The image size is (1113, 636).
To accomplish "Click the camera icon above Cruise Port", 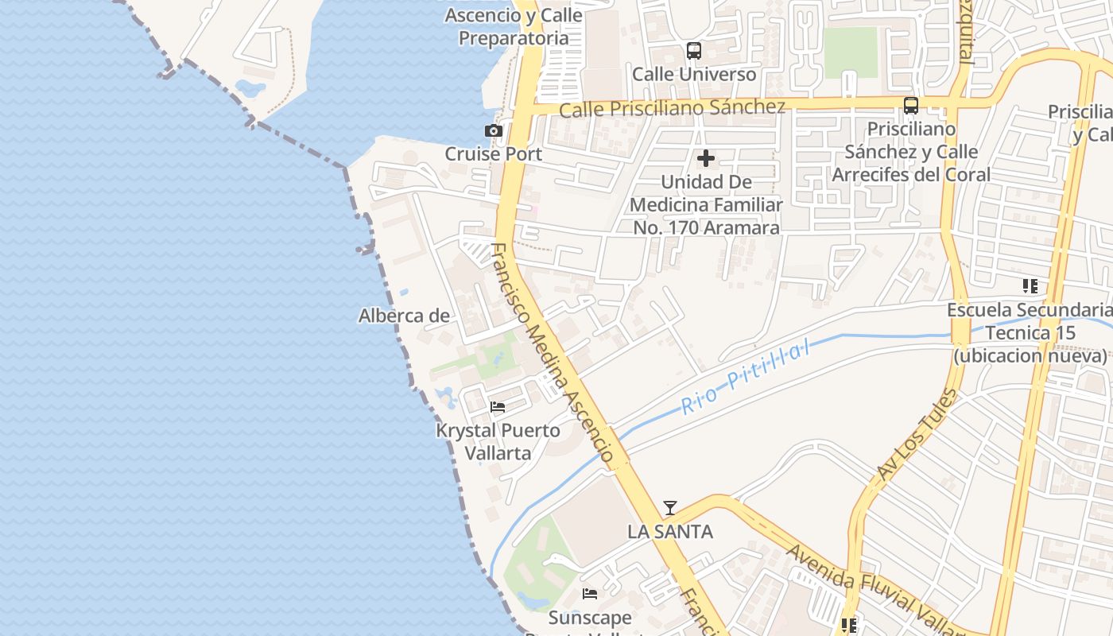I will tap(494, 130).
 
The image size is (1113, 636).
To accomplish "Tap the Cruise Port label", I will tap(494, 153).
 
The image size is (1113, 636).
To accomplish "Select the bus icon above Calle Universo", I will tap(694, 51).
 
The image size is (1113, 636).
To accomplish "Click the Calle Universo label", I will tap(694, 74).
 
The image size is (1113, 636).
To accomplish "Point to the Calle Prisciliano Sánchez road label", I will tap(672, 107).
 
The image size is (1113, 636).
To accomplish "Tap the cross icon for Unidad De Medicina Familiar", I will tap(705, 158).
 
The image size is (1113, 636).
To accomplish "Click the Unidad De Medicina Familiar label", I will tap(706, 204).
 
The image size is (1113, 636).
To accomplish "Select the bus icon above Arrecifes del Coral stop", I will tap(911, 105).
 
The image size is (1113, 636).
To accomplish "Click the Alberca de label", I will tap(404, 316).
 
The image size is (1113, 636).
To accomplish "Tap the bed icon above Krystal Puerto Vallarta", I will tap(498, 407).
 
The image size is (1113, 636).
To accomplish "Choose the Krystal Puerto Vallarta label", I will tap(498, 442).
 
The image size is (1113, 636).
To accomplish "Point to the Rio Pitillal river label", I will tap(747, 377).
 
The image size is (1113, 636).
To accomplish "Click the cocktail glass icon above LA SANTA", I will tap(670, 507).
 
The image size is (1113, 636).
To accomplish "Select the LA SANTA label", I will tap(670, 531).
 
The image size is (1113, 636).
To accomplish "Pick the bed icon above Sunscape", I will tap(589, 593).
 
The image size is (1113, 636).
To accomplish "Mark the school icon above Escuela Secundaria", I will tap(1030, 285).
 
